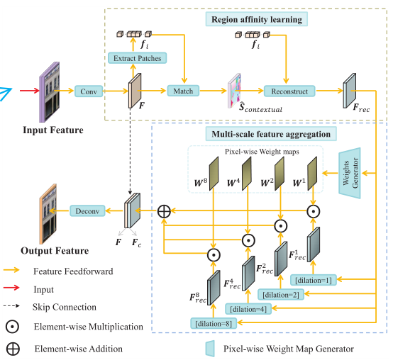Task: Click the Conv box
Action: pos(88,91)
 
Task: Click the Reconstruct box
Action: pos(289,91)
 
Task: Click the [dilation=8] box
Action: pos(213,323)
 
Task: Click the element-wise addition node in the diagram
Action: pos(164,210)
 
